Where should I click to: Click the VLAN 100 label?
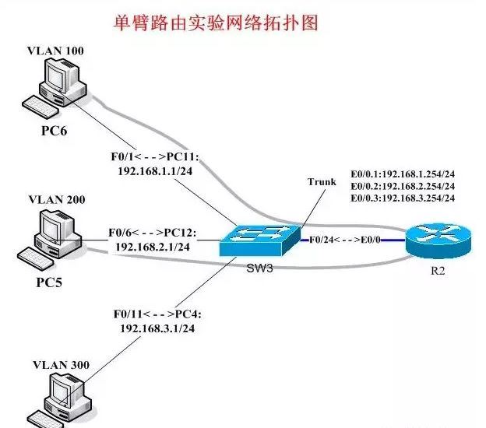pos(55,51)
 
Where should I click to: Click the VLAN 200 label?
pos(55,199)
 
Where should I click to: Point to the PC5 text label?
pos(54,277)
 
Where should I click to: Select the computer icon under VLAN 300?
pos(62,401)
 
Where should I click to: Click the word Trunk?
pos(322,182)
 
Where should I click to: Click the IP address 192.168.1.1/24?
pos(155,172)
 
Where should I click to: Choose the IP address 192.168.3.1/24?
pos(155,328)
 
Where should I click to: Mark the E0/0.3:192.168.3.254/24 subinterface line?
pos(403,198)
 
